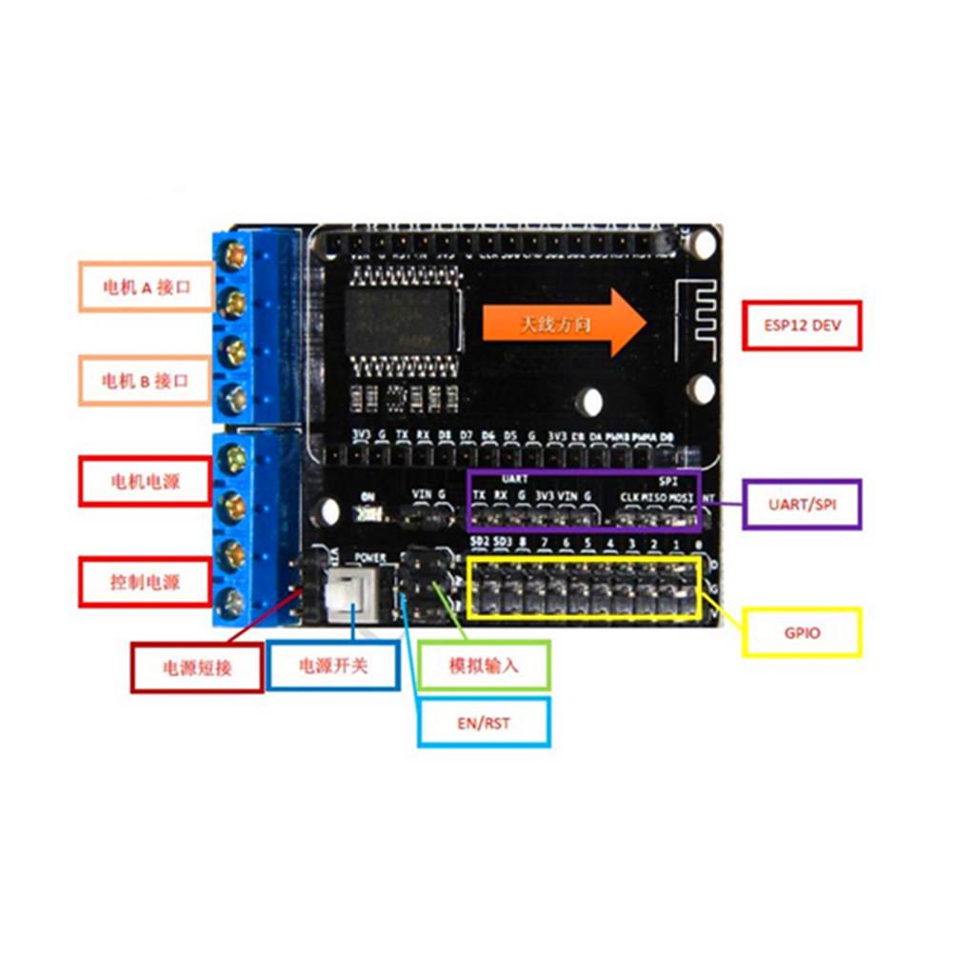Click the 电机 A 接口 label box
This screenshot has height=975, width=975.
[x=145, y=286]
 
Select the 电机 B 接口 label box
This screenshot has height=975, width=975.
[x=145, y=381]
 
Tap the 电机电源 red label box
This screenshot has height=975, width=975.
[x=144, y=481]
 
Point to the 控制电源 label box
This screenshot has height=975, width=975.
[x=144, y=581]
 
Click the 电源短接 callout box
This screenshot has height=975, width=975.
[x=197, y=667]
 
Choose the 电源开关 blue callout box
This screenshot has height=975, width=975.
[x=332, y=665]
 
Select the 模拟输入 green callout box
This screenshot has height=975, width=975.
[x=484, y=665]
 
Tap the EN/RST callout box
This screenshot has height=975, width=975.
[x=484, y=723]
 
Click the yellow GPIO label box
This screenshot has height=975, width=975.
[x=802, y=632]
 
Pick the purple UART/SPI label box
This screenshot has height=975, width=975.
[x=802, y=504]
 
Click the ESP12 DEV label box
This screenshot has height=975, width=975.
[x=802, y=325]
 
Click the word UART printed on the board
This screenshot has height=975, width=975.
[x=514, y=480]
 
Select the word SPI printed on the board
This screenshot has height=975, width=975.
[x=668, y=482]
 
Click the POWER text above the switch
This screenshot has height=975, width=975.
[x=371, y=557]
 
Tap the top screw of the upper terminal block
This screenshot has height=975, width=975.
[x=233, y=255]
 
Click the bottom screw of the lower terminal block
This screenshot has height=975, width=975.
[x=229, y=603]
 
